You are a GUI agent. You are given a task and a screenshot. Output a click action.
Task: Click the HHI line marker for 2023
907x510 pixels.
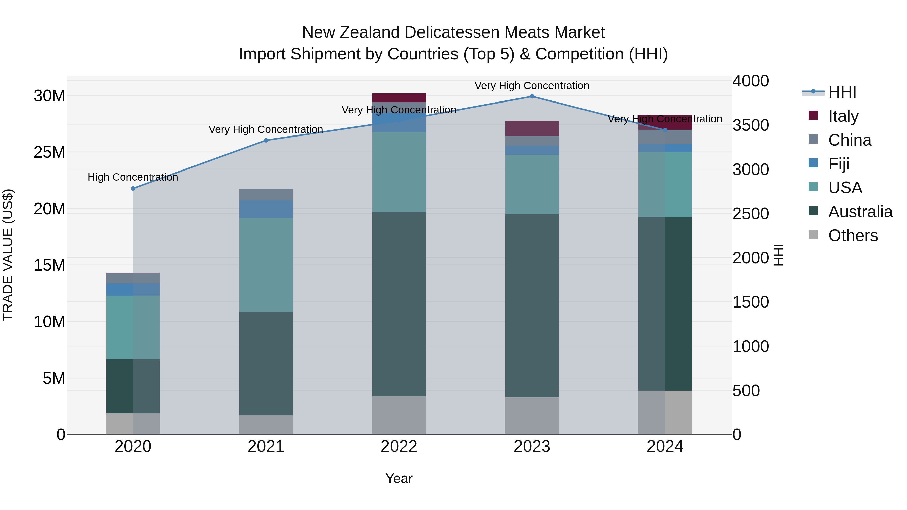tap(532, 96)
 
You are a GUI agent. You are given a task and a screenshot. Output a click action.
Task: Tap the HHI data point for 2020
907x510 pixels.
tap(133, 189)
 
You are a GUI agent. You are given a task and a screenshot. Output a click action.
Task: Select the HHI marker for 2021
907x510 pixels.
tap(266, 141)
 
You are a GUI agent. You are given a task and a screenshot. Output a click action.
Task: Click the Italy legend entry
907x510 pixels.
tap(843, 116)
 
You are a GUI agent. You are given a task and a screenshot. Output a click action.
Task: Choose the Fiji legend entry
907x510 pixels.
tap(839, 164)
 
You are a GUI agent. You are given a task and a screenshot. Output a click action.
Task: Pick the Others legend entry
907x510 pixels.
tap(853, 235)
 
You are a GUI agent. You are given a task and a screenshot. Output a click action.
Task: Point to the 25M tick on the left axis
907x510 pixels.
tap(50, 152)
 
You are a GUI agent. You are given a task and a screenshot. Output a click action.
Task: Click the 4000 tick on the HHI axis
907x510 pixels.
tap(751, 81)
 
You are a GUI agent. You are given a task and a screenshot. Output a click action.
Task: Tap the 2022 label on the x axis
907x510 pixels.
tap(399, 447)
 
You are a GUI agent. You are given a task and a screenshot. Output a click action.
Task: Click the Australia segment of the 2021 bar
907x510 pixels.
tap(266, 363)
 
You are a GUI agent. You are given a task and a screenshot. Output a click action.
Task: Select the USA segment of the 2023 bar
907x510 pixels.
tap(532, 184)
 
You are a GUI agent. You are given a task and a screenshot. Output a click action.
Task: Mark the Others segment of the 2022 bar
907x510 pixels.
tap(399, 415)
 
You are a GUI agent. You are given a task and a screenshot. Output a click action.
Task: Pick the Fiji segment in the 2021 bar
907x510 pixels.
tap(266, 210)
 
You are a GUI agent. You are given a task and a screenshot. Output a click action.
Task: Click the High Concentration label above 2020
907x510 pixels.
tap(133, 177)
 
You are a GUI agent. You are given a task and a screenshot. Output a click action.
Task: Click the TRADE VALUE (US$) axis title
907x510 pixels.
tap(8, 255)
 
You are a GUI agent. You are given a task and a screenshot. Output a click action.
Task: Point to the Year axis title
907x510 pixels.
tap(399, 478)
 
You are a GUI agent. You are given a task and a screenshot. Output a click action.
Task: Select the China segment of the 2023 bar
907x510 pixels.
tap(532, 141)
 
